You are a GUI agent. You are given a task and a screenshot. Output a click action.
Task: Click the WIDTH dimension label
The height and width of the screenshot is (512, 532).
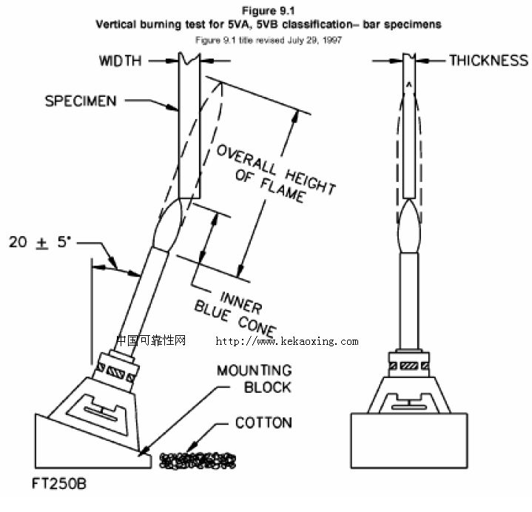(x=120, y=61)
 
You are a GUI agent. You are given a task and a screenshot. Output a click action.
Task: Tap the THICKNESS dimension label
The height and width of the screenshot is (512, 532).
(x=488, y=61)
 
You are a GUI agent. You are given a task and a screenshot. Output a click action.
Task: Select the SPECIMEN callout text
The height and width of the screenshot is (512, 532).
(x=81, y=101)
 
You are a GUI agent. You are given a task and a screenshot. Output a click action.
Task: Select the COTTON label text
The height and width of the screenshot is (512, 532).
(x=263, y=423)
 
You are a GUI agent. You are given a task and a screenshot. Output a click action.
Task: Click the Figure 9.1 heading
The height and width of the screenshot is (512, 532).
(x=268, y=11)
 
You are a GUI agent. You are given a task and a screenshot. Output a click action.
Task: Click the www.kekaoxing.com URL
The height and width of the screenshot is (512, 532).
(x=286, y=342)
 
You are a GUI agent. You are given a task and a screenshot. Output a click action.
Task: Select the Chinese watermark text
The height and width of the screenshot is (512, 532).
(x=150, y=341)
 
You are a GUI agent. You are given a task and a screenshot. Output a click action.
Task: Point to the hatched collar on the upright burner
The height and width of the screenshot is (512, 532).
(x=409, y=366)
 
